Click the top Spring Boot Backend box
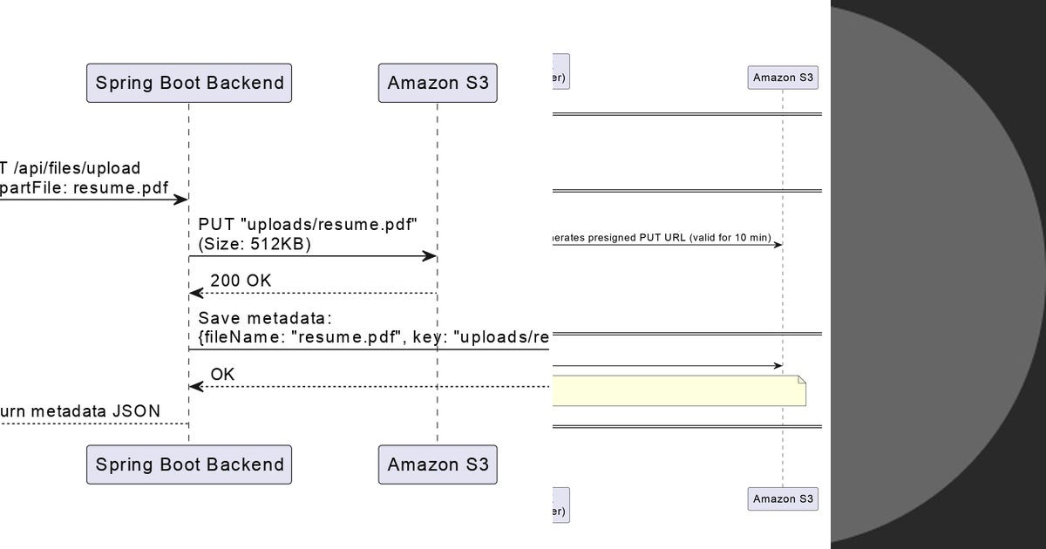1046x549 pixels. pyautogui.click(x=189, y=83)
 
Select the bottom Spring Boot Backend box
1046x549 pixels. pyautogui.click(x=189, y=464)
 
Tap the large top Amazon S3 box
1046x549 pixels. pyautogui.click(x=438, y=83)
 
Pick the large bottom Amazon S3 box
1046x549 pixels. pyautogui.click(x=438, y=464)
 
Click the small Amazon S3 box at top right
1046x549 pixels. pyautogui.click(x=782, y=78)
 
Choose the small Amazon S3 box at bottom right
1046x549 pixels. pyautogui.click(x=782, y=498)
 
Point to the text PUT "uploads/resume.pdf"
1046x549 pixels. pyautogui.click(x=308, y=225)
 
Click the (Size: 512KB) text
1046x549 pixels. pyautogui.click(x=255, y=245)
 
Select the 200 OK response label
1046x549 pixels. pyautogui.click(x=241, y=281)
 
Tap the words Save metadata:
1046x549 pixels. pyautogui.click(x=265, y=318)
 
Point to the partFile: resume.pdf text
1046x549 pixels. pyautogui.click(x=84, y=186)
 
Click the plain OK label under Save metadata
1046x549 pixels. pyautogui.click(x=222, y=375)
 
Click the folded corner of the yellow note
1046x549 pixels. pyautogui.click(x=800, y=380)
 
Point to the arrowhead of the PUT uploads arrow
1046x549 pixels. pyautogui.click(x=430, y=256)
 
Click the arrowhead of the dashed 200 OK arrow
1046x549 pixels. pyautogui.click(x=196, y=294)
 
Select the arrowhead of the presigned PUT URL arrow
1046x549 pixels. pyautogui.click(x=778, y=245)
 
